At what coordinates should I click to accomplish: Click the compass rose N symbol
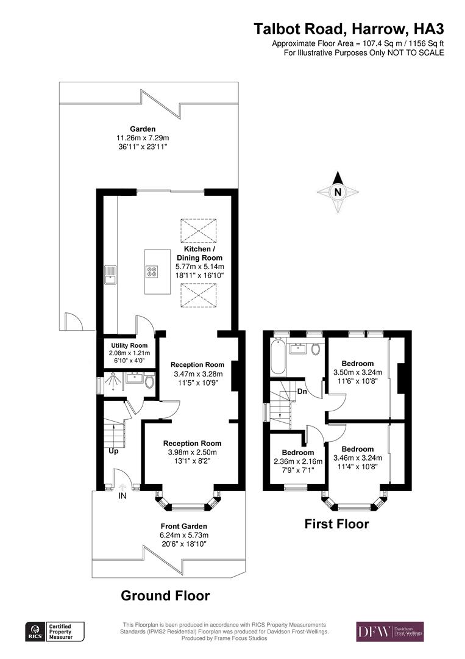coord(339,192)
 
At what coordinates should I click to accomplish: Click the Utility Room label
coord(125,345)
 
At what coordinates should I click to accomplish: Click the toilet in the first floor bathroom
coord(316,349)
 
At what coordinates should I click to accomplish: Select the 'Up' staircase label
coord(114,452)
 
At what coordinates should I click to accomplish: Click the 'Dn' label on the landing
coord(302,392)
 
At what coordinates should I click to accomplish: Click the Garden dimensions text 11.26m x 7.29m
coord(143,138)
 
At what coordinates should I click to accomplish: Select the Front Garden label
coord(183,526)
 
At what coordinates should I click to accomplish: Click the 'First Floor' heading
coord(336,524)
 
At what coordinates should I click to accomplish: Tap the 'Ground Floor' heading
coord(165,595)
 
